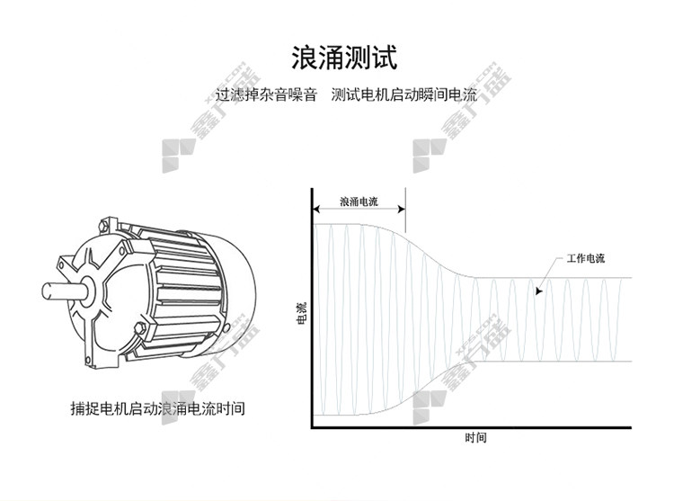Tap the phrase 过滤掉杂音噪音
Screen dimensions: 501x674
[266, 94]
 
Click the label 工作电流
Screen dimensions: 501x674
[585, 258]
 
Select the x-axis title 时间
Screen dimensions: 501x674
[475, 438]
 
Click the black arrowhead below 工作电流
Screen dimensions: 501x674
[539, 291]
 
